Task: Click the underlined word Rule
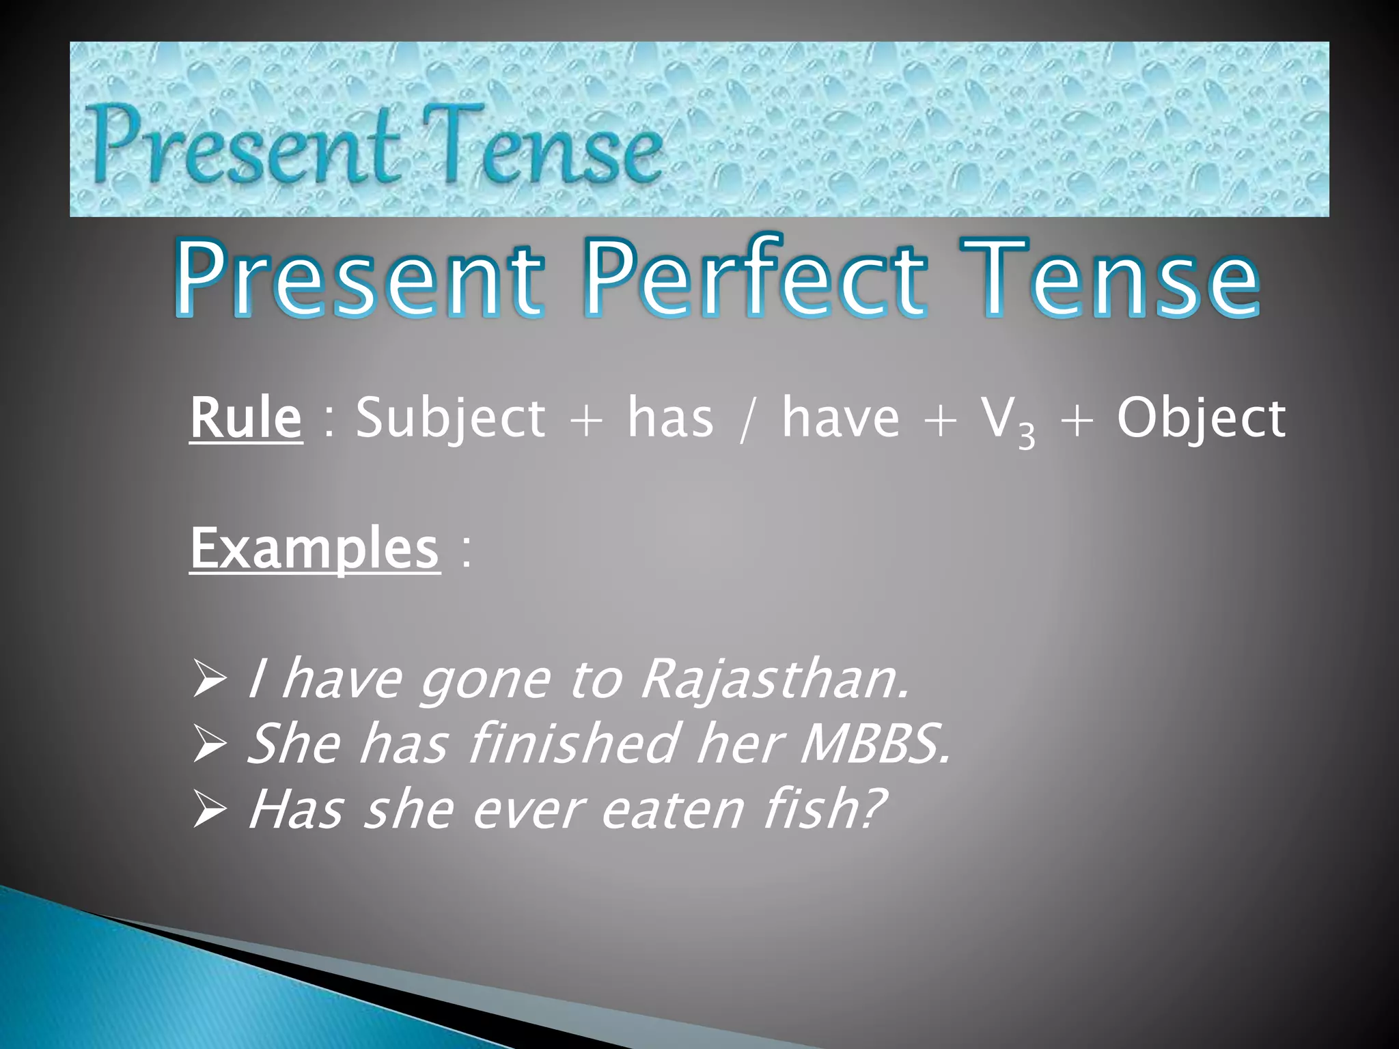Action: (x=245, y=418)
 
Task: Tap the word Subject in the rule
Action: (x=451, y=418)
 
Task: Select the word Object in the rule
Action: (x=1201, y=418)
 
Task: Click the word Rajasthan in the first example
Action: (x=775, y=680)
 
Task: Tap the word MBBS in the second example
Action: (x=875, y=744)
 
